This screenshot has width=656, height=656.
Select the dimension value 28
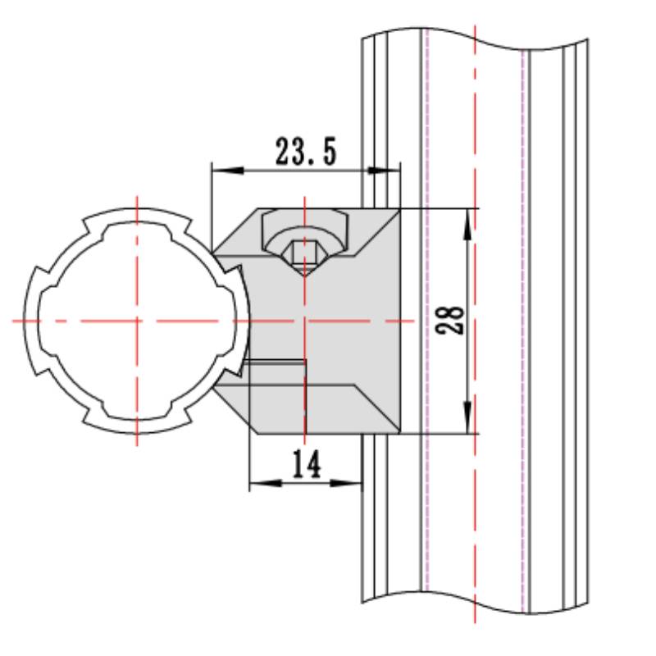tap(452, 320)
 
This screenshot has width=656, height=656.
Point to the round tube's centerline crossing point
tap(136, 320)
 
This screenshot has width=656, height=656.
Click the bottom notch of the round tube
tap(136, 431)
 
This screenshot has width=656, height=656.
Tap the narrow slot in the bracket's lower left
tap(275, 362)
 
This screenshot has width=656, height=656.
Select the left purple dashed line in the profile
tap(426, 328)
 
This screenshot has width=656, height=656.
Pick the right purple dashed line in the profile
tap(522, 328)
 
